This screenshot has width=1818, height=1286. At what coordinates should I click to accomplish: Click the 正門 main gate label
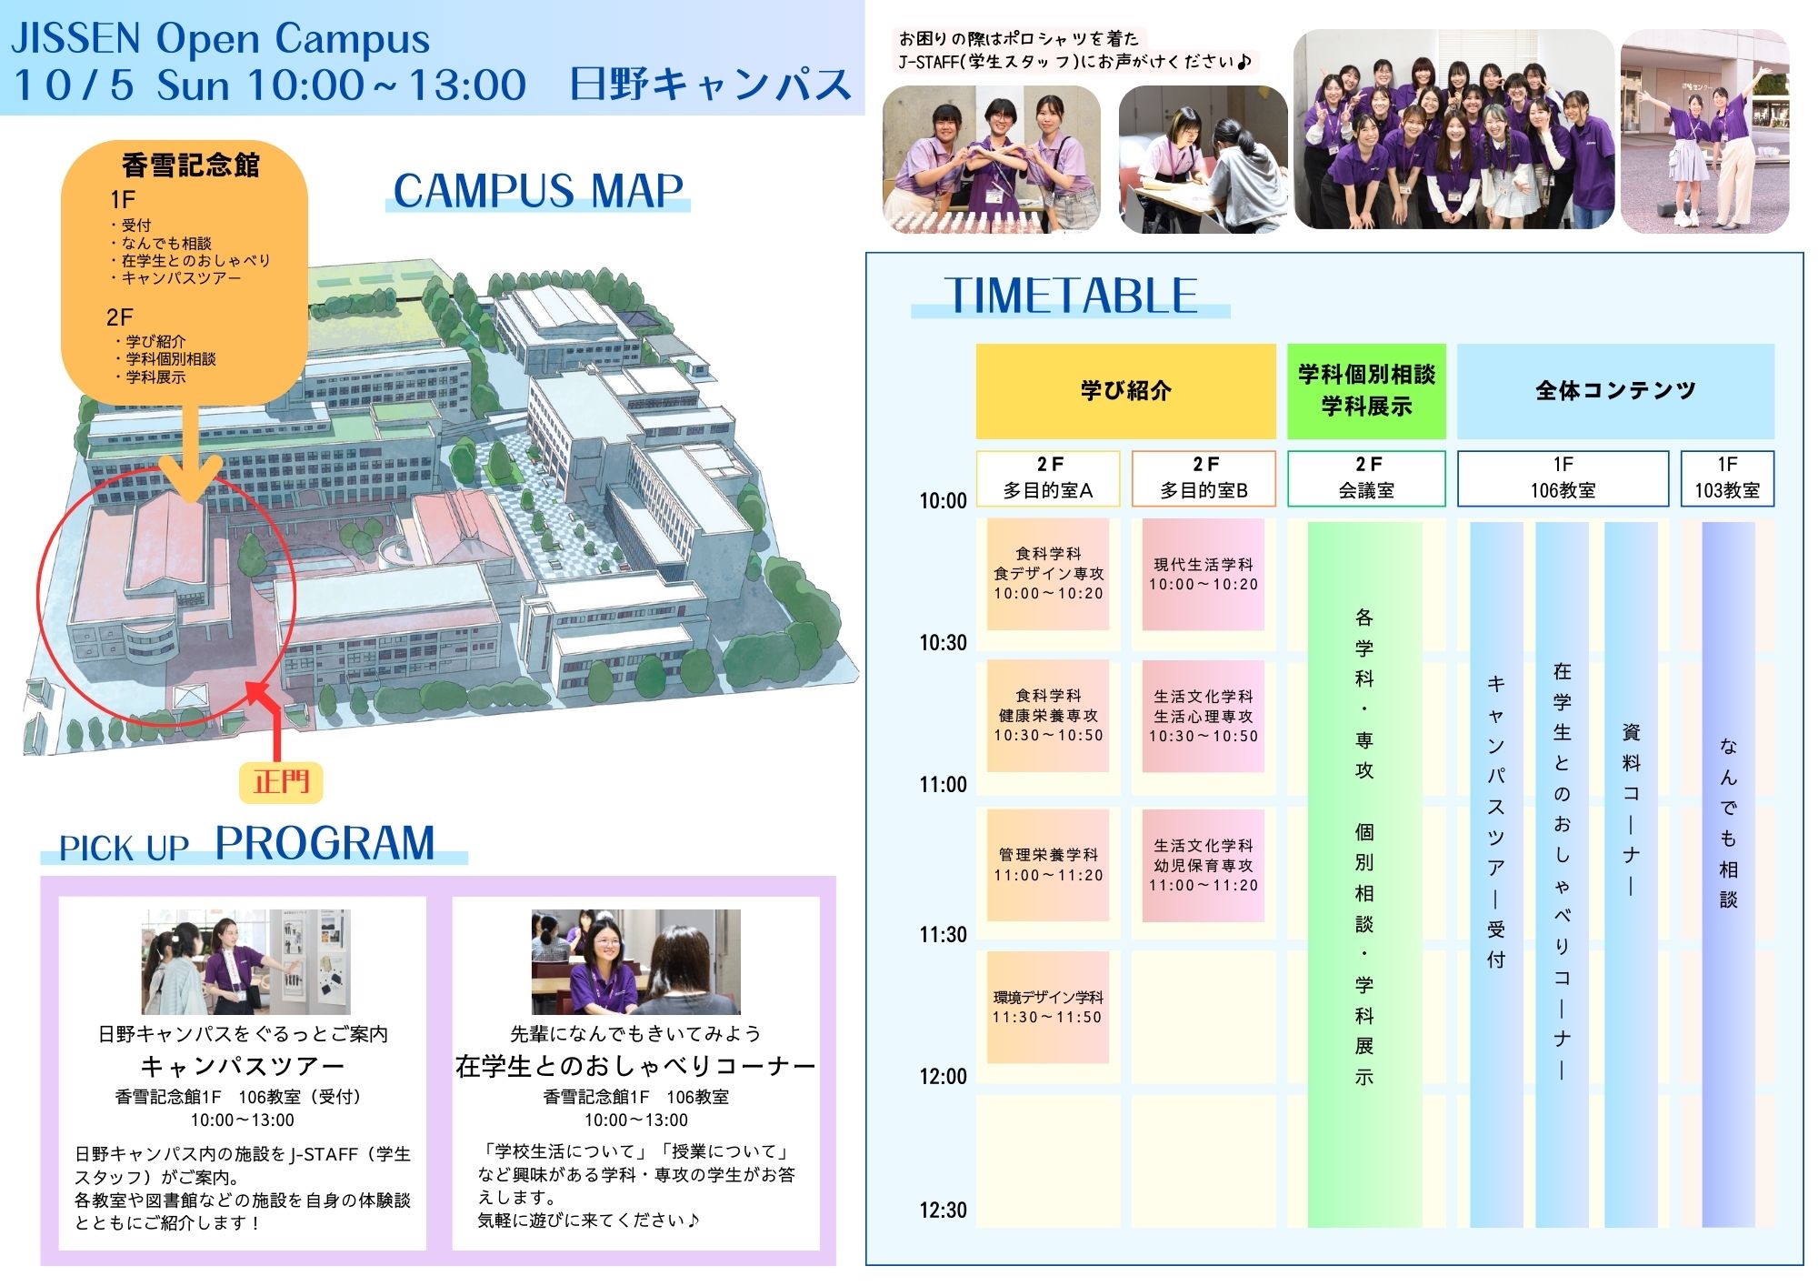point(281,782)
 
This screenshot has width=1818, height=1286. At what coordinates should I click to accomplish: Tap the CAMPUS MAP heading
point(538,191)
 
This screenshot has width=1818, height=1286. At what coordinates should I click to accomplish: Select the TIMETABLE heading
point(1071,296)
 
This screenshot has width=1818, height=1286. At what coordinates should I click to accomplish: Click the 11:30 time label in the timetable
point(943,934)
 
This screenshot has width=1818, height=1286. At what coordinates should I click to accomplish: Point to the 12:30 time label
point(943,1210)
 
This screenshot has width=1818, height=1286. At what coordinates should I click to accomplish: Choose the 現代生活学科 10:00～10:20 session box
point(1204,575)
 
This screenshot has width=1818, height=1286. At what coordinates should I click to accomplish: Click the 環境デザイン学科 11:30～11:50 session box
point(1048,1008)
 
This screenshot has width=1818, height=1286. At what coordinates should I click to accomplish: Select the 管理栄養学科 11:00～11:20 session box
point(1048,865)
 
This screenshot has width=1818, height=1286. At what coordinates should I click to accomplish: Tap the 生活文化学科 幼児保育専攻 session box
point(1204,865)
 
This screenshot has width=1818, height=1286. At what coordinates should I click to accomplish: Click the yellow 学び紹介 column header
point(1126,391)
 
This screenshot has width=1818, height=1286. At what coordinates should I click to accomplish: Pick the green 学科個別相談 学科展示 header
point(1366,391)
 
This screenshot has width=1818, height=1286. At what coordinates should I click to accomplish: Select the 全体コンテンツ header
point(1615,391)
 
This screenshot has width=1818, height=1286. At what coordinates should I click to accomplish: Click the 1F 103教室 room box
point(1727,478)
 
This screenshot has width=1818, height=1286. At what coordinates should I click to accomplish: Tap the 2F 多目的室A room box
point(1048,478)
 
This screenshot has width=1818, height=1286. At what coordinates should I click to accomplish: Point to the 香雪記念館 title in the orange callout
point(191,165)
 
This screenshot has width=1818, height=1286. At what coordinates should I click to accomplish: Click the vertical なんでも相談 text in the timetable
point(1728,823)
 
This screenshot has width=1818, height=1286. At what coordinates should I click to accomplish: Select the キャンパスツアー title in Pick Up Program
point(243,1066)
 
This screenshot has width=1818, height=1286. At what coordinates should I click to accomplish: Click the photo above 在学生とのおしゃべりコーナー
point(636,962)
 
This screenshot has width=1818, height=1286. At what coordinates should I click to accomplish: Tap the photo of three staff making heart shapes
point(992,159)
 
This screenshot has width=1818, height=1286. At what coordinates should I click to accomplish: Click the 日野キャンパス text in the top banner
point(710,85)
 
